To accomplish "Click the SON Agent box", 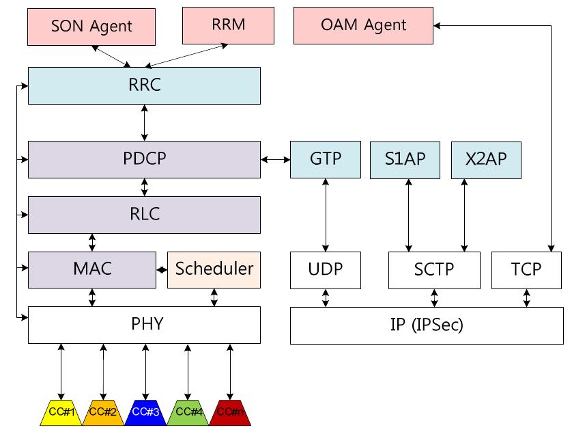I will (91, 27).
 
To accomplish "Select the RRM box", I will (228, 25).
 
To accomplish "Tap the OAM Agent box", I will (363, 25).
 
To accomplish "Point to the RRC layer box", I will (144, 85).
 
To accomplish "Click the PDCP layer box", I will (144, 159).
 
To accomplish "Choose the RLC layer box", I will (144, 215).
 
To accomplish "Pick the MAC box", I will (92, 269).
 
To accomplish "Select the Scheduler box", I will (214, 269).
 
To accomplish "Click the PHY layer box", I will (144, 324).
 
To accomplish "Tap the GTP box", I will (326, 159).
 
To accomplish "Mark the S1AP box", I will (405, 159).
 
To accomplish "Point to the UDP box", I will (326, 269).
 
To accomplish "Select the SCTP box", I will (434, 269).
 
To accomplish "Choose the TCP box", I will (526, 269).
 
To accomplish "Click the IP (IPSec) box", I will (427, 325).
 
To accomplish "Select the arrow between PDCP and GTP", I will (275, 159).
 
